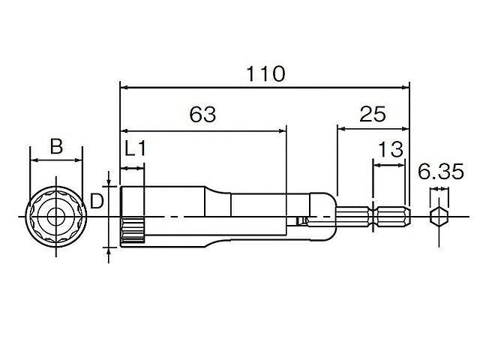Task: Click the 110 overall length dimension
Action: [265, 73]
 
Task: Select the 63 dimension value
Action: [202, 114]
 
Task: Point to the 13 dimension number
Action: [391, 149]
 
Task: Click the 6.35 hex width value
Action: [441, 172]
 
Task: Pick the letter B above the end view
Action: [56, 146]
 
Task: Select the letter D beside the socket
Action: [97, 202]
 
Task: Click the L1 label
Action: [136, 148]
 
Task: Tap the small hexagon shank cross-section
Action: [439, 217]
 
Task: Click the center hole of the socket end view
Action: [56, 217]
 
